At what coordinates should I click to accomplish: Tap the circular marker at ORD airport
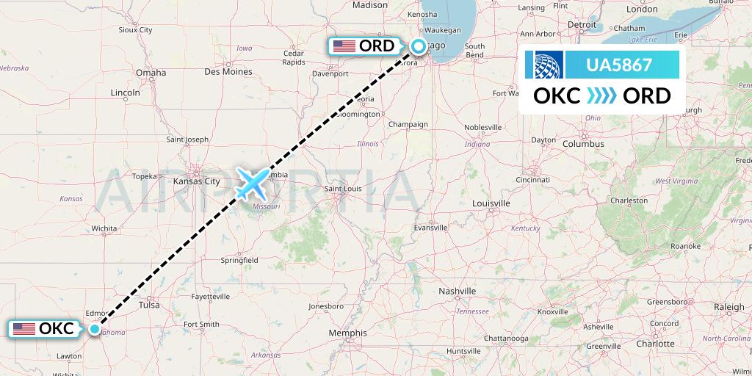pyautogui.click(x=418, y=46)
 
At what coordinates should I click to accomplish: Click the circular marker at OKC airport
pyautogui.click(x=95, y=329)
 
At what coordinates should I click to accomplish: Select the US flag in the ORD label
pyautogui.click(x=344, y=46)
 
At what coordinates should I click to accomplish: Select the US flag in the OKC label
pyautogui.click(x=23, y=329)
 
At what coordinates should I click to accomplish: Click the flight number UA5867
pyautogui.click(x=618, y=65)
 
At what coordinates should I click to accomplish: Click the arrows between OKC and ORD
pyautogui.click(x=602, y=96)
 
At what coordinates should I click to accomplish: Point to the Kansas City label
pyautogui.click(x=196, y=181)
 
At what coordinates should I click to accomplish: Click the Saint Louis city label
pyautogui.click(x=344, y=189)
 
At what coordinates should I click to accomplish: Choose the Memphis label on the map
pyautogui.click(x=348, y=333)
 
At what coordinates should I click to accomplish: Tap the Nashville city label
pyautogui.click(x=458, y=292)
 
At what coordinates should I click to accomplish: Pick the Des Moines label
pyautogui.click(x=228, y=72)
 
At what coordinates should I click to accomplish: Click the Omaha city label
pyautogui.click(x=151, y=73)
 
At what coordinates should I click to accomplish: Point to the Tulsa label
pyautogui.click(x=149, y=304)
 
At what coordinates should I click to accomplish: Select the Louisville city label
pyautogui.click(x=491, y=203)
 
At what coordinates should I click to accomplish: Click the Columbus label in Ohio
pyautogui.click(x=583, y=144)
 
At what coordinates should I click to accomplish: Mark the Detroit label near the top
pyautogui.click(x=582, y=24)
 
